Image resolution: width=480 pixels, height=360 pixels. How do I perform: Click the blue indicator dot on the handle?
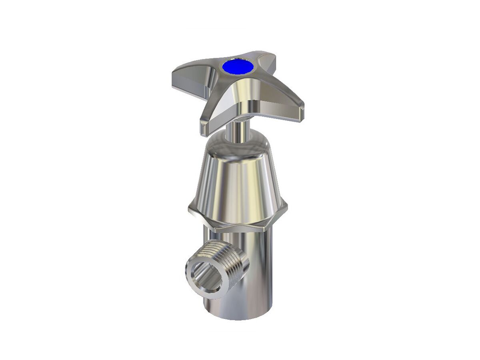[238, 66]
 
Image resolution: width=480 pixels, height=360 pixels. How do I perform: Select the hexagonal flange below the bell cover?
[238, 218]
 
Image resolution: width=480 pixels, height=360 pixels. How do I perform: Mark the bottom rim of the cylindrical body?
[240, 316]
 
